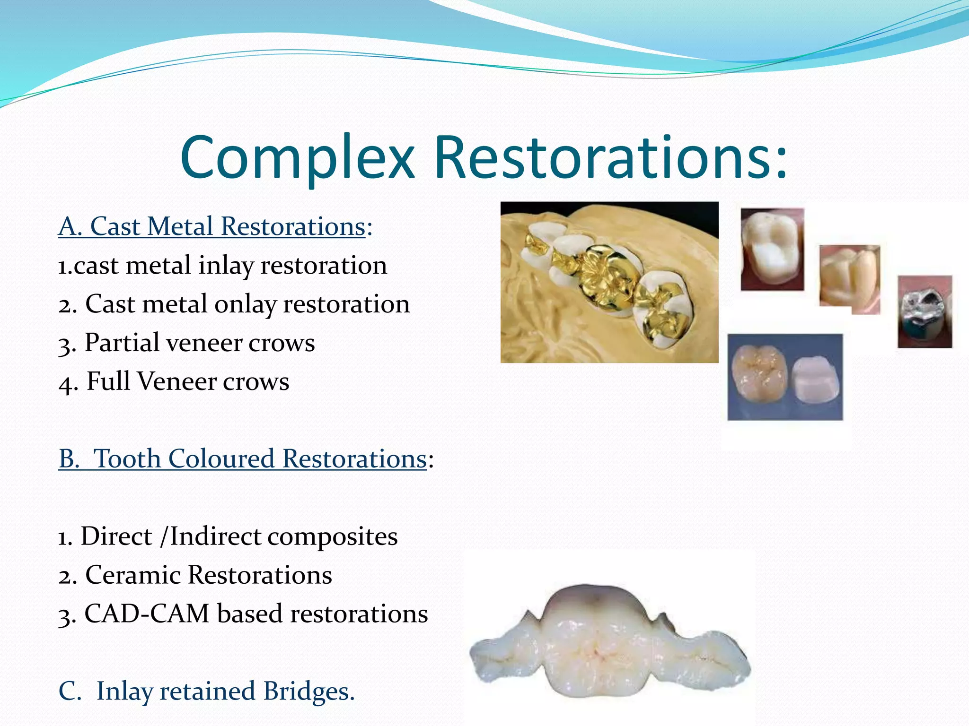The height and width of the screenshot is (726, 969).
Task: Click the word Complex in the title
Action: (297, 158)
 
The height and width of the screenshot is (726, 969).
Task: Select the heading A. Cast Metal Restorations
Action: (212, 226)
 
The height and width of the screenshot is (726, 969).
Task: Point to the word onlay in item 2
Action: (245, 304)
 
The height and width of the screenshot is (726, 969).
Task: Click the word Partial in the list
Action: (122, 343)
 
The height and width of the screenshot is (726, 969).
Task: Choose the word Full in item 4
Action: (108, 381)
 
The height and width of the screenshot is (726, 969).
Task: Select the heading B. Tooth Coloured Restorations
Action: (243, 459)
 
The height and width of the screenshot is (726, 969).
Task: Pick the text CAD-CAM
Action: (147, 614)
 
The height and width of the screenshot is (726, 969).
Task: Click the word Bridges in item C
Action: (308, 691)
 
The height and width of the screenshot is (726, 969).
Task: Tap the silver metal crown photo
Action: (925, 312)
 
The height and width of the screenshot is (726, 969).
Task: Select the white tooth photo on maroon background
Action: (772, 249)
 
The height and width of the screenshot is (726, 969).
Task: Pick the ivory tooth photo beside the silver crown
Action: (850, 279)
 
